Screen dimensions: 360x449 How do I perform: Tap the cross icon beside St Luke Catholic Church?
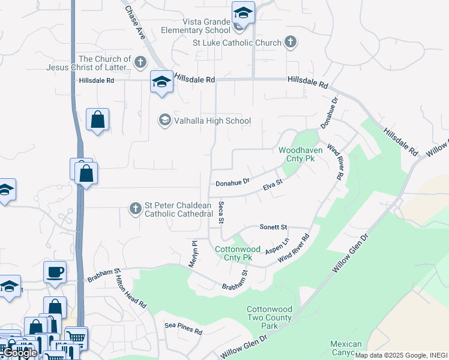(x=291, y=43)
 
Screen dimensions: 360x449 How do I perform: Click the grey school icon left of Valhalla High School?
(x=164, y=121)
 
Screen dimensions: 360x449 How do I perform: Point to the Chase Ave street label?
(x=136, y=23)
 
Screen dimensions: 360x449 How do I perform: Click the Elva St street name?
(x=273, y=185)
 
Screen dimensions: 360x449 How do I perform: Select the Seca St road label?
(x=221, y=212)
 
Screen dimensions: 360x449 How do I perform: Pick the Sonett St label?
(x=274, y=227)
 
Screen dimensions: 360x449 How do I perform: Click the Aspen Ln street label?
(x=277, y=246)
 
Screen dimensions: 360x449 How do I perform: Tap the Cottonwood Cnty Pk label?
(x=238, y=253)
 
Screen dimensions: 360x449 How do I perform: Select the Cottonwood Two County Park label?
(x=270, y=317)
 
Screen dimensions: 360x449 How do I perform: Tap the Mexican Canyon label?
(x=346, y=348)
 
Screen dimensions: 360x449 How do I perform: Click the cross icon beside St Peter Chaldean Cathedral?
(x=136, y=209)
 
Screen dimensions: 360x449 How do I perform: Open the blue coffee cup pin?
(x=55, y=272)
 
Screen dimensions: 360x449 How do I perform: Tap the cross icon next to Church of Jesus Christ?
(x=140, y=62)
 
